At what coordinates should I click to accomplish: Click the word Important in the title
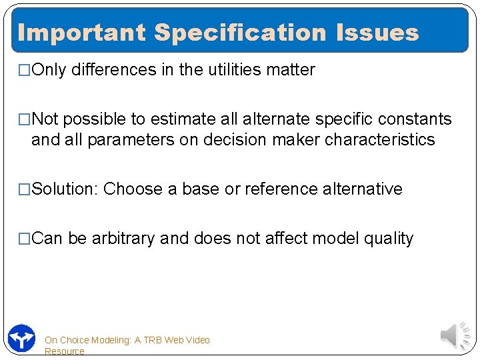tap(81, 32)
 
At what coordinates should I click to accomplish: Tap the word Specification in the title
tap(241, 32)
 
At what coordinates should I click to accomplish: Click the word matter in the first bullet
tap(291, 69)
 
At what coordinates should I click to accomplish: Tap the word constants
tap(413, 119)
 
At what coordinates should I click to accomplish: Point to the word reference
tap(281, 189)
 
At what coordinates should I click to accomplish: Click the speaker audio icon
tap(457, 335)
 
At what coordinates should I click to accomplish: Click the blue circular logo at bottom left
tap(21, 338)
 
